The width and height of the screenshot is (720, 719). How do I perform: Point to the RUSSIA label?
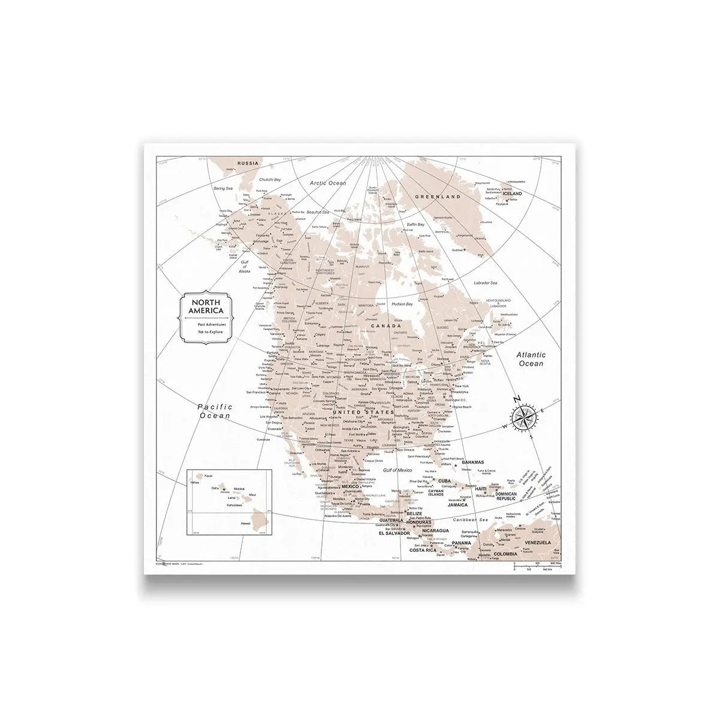pyautogui.click(x=248, y=163)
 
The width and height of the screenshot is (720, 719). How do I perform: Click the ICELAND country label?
pyautogui.click(x=512, y=194)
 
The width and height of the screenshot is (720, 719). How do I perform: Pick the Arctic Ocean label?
pyautogui.click(x=327, y=182)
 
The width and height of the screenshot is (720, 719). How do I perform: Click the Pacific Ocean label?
pyautogui.click(x=215, y=411)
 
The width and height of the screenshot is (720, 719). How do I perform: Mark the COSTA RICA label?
pyautogui.click(x=421, y=550)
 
